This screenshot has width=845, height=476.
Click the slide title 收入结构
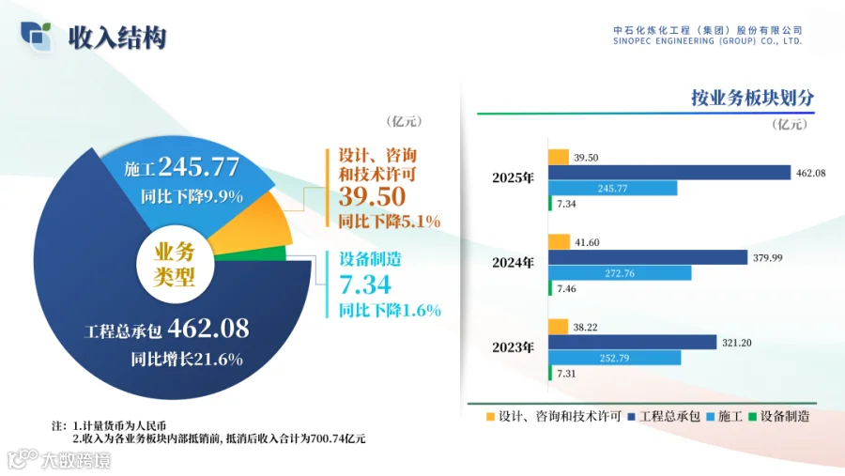tap(117, 38)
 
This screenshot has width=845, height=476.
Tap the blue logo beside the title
tap(36, 36)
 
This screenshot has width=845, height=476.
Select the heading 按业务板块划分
tap(752, 98)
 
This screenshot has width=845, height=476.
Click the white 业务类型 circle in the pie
tap(174, 264)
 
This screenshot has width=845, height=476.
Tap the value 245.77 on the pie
tap(199, 166)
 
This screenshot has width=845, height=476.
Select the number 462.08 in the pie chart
tap(208, 328)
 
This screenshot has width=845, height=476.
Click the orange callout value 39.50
tap(372, 196)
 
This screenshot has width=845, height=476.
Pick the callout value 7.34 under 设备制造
tap(365, 284)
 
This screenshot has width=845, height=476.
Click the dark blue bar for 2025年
tap(669, 173)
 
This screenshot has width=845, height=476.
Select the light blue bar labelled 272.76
tap(620, 273)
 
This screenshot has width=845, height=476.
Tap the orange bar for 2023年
tap(559, 327)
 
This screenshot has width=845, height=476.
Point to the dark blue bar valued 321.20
tap(633, 342)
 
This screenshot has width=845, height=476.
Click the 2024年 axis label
tap(513, 263)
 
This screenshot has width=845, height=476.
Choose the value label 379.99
tap(767, 257)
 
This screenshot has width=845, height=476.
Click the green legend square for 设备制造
tap(752, 417)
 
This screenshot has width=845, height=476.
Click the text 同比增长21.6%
tap(187, 359)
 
